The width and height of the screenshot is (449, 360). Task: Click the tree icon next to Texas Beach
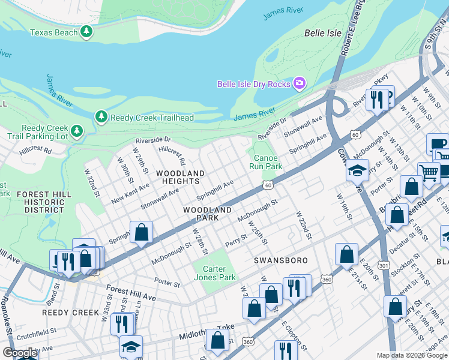point(87,31)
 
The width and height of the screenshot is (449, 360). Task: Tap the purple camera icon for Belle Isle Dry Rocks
point(298,83)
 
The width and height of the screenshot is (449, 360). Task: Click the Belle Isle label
point(323,33)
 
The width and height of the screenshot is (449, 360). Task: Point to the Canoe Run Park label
point(265,161)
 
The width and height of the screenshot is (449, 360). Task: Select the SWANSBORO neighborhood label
point(280,260)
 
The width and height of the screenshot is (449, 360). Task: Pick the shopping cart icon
point(429,173)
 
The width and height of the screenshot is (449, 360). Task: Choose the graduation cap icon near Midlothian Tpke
point(131,347)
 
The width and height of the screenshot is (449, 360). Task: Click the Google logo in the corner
point(20,353)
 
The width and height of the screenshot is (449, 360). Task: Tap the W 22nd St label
point(303,225)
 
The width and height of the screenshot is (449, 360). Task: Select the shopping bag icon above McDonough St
point(141,232)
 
